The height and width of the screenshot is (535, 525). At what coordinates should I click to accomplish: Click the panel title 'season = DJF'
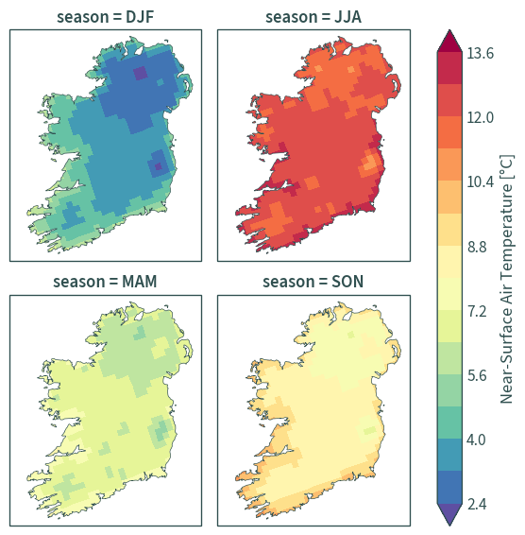pos(106,17)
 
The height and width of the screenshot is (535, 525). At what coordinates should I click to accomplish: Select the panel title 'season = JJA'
pos(313,17)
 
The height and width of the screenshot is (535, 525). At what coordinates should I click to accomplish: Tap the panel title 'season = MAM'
pos(105,282)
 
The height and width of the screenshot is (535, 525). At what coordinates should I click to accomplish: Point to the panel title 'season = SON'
pos(313,282)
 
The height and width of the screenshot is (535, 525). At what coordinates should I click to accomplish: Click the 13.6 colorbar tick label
pos(480,53)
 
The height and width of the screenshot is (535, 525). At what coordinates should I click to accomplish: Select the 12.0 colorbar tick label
pos(480,118)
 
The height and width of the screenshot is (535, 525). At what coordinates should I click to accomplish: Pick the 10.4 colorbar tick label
pos(480,182)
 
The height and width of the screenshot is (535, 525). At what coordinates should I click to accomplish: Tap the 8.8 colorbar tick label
pos(477,247)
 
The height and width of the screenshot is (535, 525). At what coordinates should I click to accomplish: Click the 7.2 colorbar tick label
pos(477,311)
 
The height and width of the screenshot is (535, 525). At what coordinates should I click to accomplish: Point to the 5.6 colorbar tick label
pos(477,375)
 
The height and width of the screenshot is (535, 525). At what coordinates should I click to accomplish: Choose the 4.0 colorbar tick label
pos(476,440)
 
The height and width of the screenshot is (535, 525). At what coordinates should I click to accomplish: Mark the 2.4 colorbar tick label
pos(477,505)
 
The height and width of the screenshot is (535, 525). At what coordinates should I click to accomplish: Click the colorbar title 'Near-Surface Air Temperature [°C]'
pos(507,279)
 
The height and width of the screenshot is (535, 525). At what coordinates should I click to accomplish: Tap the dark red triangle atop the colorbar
pos(449,43)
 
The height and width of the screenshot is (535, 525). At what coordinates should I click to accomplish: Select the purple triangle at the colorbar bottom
pos(449,514)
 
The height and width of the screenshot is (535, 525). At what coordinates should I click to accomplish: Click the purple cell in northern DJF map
pos(140,73)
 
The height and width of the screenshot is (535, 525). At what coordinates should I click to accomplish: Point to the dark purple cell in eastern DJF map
pos(159,166)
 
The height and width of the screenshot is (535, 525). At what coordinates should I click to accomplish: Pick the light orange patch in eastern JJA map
pos(369,164)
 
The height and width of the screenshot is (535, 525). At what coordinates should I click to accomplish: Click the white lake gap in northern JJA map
pos(347,51)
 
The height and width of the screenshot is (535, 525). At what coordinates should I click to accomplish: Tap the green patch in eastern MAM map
pos(161,431)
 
